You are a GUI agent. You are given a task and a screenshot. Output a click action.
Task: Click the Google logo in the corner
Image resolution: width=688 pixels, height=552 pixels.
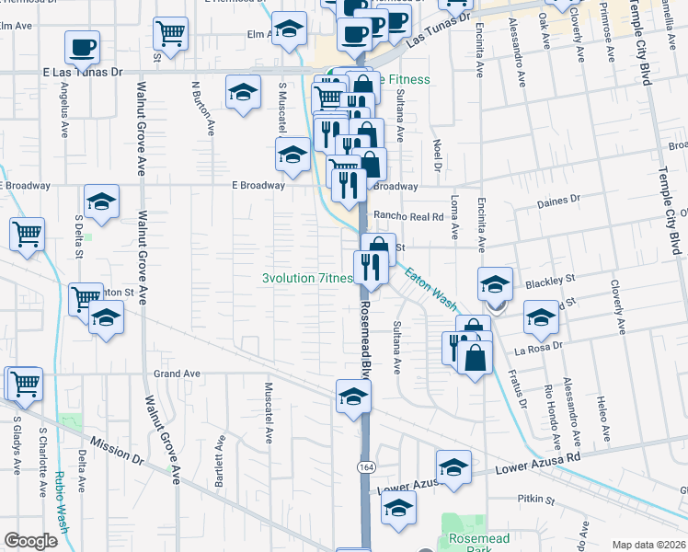click(31, 541)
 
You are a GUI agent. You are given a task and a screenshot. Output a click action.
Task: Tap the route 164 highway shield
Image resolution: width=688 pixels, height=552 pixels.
click(364, 467)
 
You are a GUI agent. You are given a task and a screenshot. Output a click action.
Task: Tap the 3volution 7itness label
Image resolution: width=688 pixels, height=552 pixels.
click(307, 278)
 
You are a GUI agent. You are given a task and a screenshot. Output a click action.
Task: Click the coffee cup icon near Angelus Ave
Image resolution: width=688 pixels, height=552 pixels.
click(82, 47)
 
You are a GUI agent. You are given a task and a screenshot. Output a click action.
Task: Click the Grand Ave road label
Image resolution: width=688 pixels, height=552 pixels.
click(177, 374)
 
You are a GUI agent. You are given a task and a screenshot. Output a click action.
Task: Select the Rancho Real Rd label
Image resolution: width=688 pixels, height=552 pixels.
click(408, 216)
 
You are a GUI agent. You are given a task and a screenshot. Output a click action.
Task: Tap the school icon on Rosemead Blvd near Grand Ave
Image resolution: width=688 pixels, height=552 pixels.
click(353, 397)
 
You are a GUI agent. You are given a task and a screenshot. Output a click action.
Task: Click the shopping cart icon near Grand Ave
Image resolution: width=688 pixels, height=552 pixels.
click(25, 383)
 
